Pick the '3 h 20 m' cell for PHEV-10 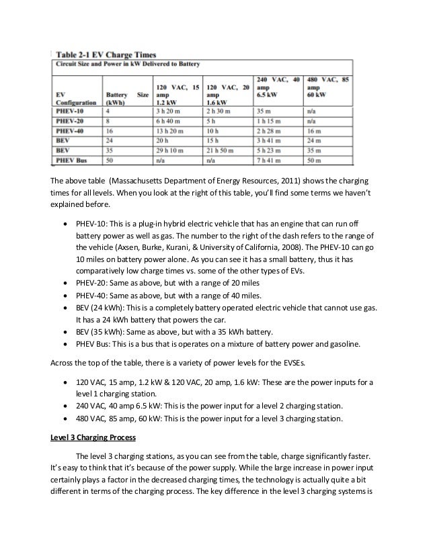[168, 111]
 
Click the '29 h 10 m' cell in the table [171, 151]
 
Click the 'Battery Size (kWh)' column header [126, 98]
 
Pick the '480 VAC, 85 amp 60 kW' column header [329, 87]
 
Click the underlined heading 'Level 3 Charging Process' [93, 437]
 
